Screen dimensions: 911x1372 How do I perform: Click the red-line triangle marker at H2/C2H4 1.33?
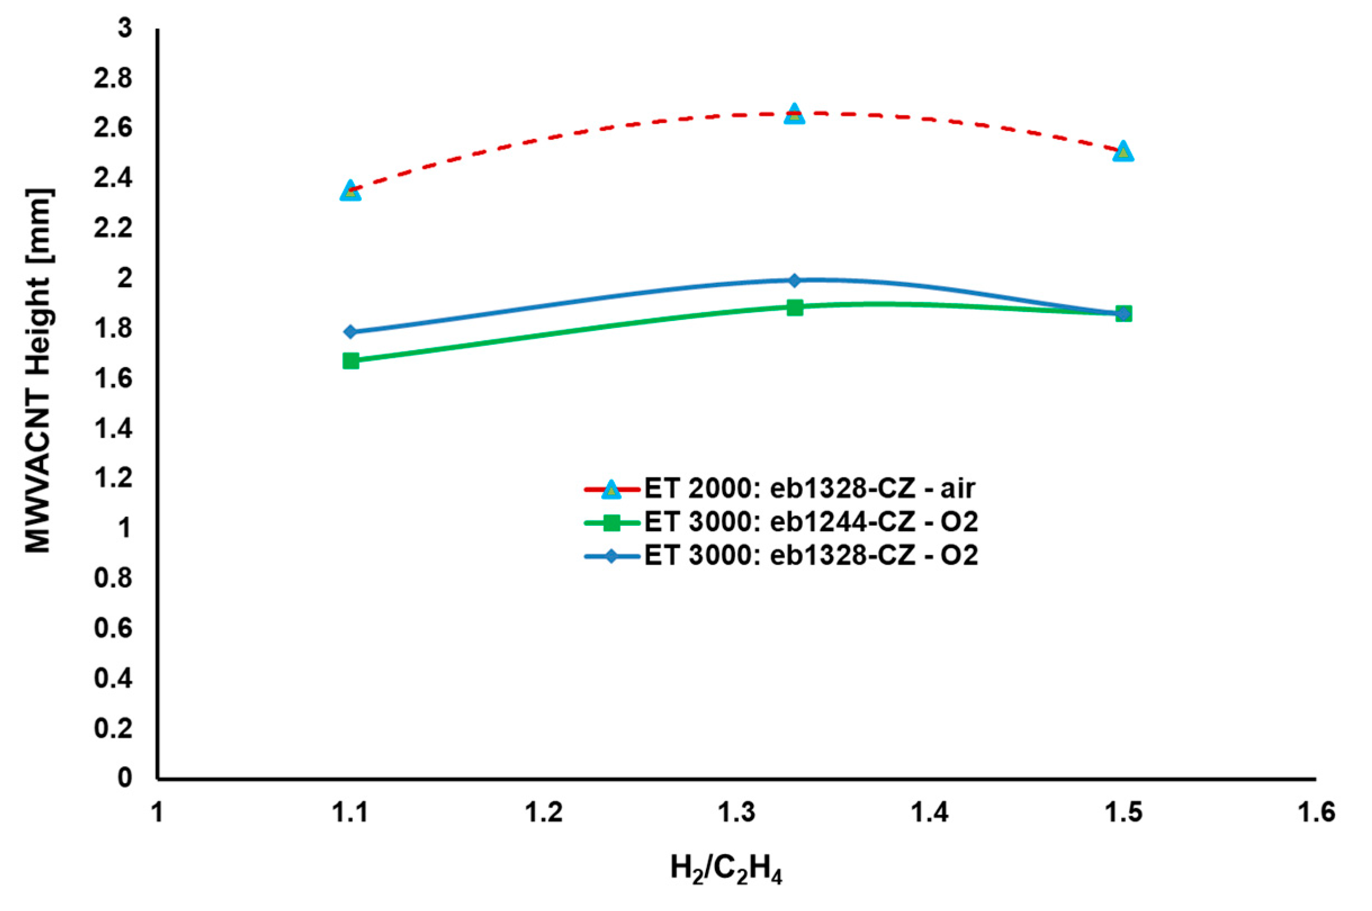(x=794, y=114)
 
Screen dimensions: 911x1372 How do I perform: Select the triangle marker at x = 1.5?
(x=1123, y=152)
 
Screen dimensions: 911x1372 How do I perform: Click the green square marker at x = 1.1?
(x=350, y=361)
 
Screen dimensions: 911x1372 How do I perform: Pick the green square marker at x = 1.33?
(x=794, y=308)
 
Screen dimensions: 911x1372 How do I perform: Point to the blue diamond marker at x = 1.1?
(x=350, y=332)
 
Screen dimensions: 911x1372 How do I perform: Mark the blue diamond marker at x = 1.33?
(x=794, y=281)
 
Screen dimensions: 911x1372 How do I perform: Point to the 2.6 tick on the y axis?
(x=113, y=128)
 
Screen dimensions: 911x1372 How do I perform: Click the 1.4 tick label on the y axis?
(x=113, y=429)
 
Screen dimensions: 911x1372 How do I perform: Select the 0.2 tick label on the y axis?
(x=113, y=729)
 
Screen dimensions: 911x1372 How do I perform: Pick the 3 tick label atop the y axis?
(x=124, y=29)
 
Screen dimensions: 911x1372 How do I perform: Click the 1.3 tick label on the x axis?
(x=736, y=812)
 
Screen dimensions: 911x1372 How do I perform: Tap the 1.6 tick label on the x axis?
(x=1316, y=812)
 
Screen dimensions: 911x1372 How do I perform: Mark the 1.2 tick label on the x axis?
(x=543, y=812)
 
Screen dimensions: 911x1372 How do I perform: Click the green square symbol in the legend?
(x=611, y=522)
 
